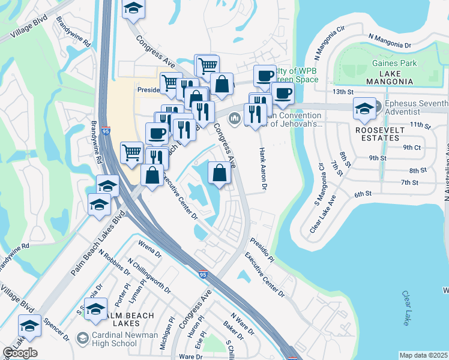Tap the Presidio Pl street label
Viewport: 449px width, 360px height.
262,251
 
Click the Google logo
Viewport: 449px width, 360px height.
20,353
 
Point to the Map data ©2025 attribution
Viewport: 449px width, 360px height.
423,355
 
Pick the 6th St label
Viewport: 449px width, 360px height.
364,194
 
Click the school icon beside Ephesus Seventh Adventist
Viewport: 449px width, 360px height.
364,108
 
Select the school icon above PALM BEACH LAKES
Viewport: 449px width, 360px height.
95,309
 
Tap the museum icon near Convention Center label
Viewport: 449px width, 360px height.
234,118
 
